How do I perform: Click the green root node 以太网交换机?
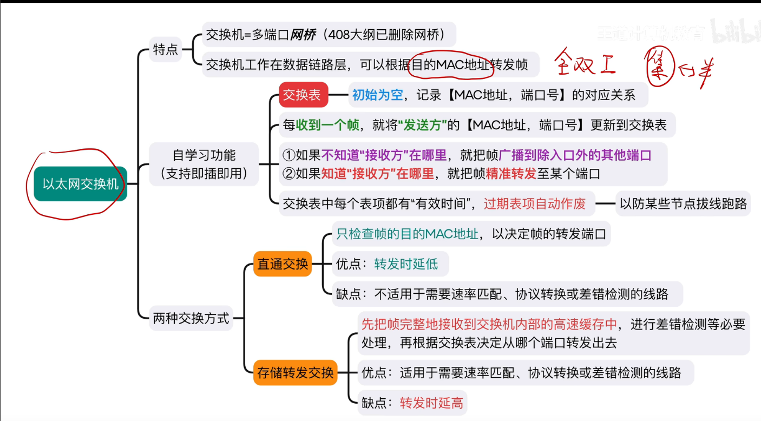click(80, 184)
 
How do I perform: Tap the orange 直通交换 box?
click(283, 264)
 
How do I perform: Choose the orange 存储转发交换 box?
click(296, 373)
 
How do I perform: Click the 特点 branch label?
click(165, 50)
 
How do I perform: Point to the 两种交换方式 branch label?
click(191, 318)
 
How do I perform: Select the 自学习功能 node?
click(204, 164)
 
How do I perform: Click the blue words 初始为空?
click(378, 95)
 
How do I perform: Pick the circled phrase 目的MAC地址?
click(452, 65)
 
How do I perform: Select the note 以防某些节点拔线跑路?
click(683, 203)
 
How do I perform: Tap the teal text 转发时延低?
click(406, 264)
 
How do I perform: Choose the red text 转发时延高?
click(431, 403)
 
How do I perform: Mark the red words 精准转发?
click(511, 174)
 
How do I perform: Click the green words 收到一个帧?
click(327, 126)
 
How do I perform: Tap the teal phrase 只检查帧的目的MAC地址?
click(408, 234)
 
